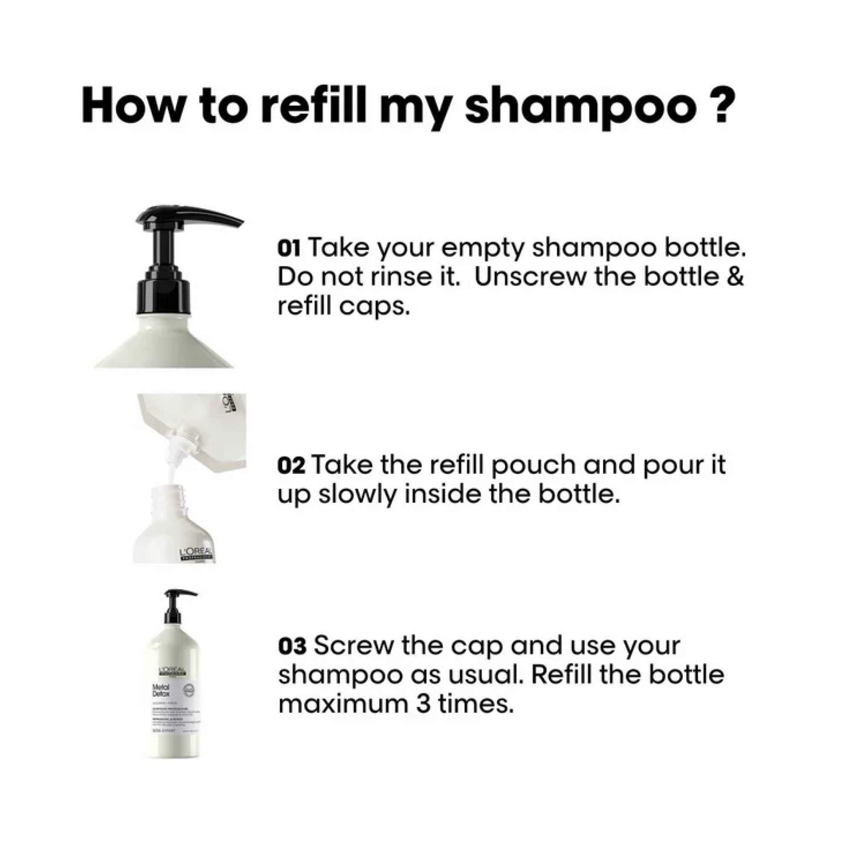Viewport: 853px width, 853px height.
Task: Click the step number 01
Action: pos(289,249)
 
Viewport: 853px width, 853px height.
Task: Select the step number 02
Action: pos(291,467)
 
